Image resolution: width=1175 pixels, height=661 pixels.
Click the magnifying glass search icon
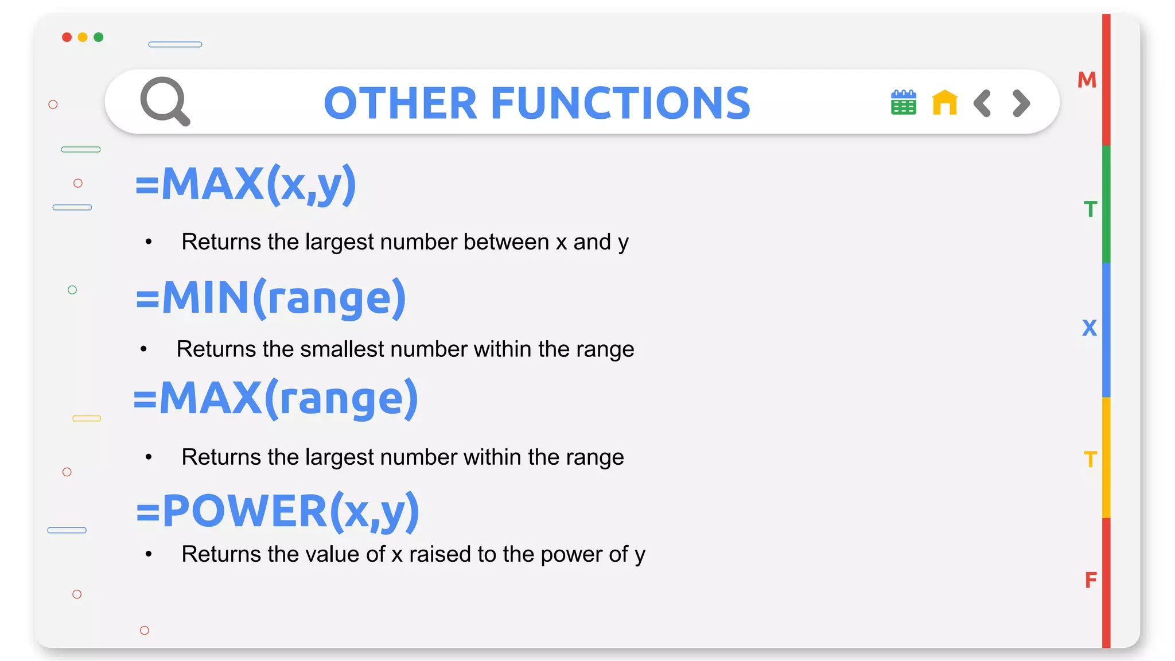pyautogui.click(x=165, y=102)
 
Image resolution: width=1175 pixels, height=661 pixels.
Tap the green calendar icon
pyautogui.click(x=903, y=103)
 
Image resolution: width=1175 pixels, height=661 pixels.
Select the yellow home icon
pyautogui.click(x=944, y=103)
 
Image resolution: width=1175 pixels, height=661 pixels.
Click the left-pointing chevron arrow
pyautogui.click(x=982, y=103)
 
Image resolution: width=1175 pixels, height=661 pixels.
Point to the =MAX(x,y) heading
pyautogui.click(x=246, y=184)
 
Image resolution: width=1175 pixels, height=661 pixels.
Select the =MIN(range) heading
pyautogui.click(x=271, y=298)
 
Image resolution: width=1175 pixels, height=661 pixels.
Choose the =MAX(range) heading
pyautogui.click(x=276, y=398)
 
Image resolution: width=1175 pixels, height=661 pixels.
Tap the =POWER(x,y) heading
pyautogui.click(x=278, y=511)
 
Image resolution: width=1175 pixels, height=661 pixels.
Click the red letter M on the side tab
pyautogui.click(x=1087, y=80)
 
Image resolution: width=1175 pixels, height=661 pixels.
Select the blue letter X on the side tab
pyautogui.click(x=1089, y=328)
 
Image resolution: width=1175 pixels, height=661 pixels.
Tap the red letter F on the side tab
pyautogui.click(x=1091, y=580)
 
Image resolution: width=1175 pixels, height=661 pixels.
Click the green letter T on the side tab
pyautogui.click(x=1090, y=209)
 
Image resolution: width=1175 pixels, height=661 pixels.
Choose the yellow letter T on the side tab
pyautogui.click(x=1090, y=460)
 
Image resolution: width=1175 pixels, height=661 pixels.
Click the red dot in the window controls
pyautogui.click(x=67, y=37)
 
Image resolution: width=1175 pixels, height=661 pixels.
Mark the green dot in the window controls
pyautogui.click(x=99, y=37)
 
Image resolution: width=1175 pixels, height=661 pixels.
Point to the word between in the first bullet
pyautogui.click(x=506, y=242)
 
